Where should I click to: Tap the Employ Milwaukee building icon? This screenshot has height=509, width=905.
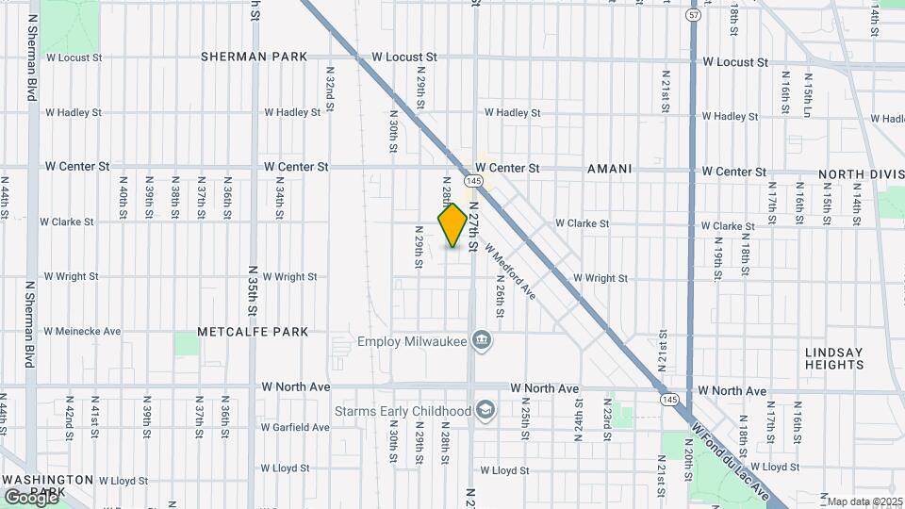pos(482,339)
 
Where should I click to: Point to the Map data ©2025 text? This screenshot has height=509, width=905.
pos(865,501)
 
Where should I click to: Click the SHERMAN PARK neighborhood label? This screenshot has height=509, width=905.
pos(254,57)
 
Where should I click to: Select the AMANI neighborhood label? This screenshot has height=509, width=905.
pos(609,168)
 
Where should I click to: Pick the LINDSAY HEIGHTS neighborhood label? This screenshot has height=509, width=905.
pos(833,358)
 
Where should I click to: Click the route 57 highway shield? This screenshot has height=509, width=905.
pos(694,15)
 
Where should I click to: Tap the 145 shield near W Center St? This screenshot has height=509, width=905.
pos(473,180)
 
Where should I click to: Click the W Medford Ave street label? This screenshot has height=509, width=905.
pos(510,272)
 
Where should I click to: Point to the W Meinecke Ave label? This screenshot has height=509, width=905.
pos(83,332)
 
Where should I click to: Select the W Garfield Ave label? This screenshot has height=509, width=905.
pos(295,427)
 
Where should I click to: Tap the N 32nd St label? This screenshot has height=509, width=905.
pos(330,95)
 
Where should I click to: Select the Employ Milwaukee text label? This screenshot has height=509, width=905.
pos(412,340)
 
